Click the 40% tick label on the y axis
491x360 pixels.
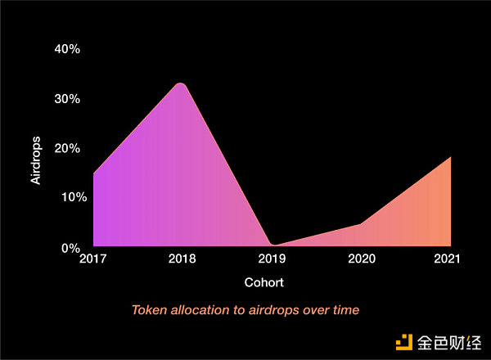67,49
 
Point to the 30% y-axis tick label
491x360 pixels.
67,99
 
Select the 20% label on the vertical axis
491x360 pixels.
67,148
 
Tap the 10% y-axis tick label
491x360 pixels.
67,197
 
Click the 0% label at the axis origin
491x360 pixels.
70,247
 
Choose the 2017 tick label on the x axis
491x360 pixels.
92,260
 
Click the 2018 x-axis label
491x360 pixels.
182,260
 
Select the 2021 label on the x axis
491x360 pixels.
448,260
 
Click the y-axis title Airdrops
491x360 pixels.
36,161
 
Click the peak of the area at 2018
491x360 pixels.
182,83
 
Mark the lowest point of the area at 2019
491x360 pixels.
273,245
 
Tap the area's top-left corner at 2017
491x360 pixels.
94,174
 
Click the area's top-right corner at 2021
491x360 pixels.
451,156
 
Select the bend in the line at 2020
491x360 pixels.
361,223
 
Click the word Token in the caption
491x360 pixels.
149,310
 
